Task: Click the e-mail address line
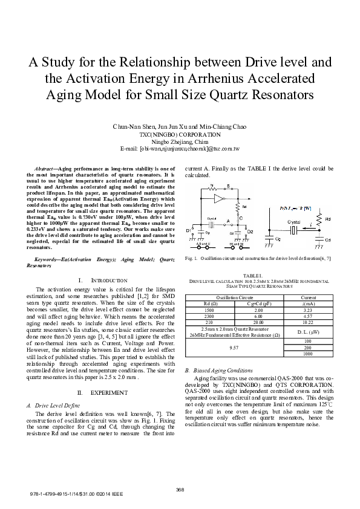coord(180,148)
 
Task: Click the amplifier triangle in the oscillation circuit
coord(220,198)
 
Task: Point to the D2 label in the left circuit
coord(250,231)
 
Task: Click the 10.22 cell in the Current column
coord(307,321)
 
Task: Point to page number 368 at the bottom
coord(180,488)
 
